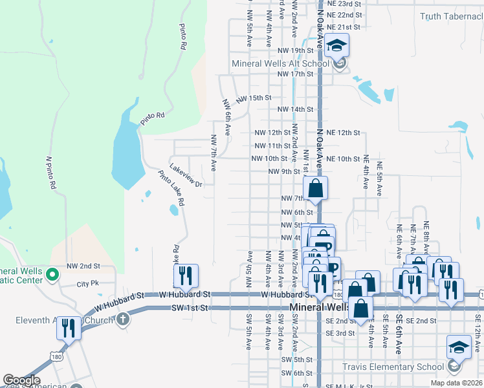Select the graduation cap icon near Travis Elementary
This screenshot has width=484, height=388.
click(x=459, y=349)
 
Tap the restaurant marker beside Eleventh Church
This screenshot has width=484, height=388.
click(x=69, y=329)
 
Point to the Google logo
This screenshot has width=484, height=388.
click(x=21, y=380)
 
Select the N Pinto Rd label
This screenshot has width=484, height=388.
click(x=50, y=171)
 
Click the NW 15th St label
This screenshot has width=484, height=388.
click(x=253, y=98)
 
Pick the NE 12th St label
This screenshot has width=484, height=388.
click(x=343, y=133)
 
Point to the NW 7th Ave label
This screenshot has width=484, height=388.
click(x=213, y=153)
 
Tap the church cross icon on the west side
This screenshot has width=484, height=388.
click(x=124, y=319)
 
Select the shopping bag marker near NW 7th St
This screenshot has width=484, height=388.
click(x=315, y=189)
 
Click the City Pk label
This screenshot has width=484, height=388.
click(x=87, y=284)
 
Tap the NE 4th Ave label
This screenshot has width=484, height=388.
click(x=366, y=172)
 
